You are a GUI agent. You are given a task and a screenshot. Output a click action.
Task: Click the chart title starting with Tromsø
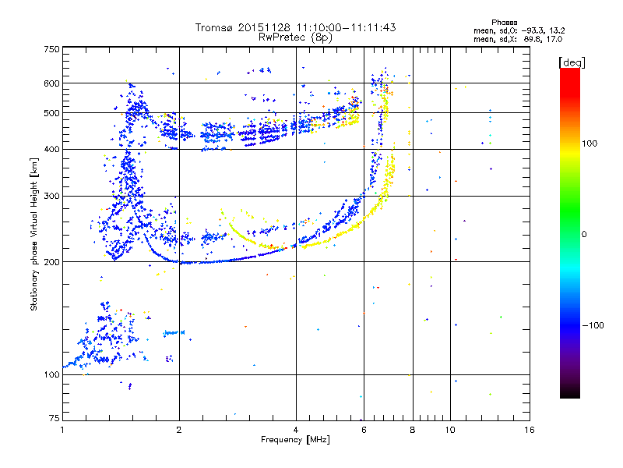296,27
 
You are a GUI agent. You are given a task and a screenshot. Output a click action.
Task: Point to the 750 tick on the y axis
51,49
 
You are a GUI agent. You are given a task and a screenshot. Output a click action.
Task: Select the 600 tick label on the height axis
51,83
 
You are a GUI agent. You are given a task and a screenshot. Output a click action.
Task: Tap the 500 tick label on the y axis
51,113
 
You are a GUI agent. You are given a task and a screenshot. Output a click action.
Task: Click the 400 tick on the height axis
51,149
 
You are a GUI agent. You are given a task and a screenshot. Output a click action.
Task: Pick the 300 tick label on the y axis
51,197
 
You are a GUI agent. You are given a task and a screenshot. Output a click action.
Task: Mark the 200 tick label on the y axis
51,262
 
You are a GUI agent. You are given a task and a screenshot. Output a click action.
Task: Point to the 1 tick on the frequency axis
63,430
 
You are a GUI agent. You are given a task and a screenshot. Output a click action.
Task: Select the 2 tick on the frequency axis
179,430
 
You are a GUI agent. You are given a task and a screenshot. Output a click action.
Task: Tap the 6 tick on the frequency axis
364,430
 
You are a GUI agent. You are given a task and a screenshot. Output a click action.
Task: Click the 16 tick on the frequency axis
529,430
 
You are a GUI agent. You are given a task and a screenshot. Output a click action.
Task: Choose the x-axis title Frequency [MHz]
295,440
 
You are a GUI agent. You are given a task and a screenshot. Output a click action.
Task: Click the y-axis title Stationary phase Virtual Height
34,234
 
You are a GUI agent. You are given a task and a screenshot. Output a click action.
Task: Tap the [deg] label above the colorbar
571,62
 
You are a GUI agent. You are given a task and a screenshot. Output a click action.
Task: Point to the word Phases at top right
505,22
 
